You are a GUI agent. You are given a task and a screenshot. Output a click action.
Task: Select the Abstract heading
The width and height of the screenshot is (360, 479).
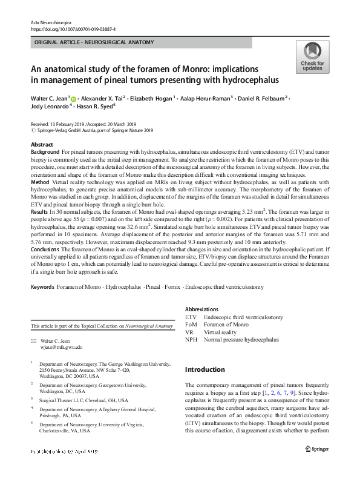tap(42, 145)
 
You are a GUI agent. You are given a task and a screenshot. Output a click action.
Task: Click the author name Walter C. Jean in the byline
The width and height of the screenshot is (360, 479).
tap(50, 97)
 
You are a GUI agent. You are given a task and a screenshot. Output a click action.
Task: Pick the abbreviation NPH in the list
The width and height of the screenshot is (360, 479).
tap(191, 340)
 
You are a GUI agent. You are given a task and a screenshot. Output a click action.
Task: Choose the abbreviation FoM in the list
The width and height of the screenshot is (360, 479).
tap(191, 324)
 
